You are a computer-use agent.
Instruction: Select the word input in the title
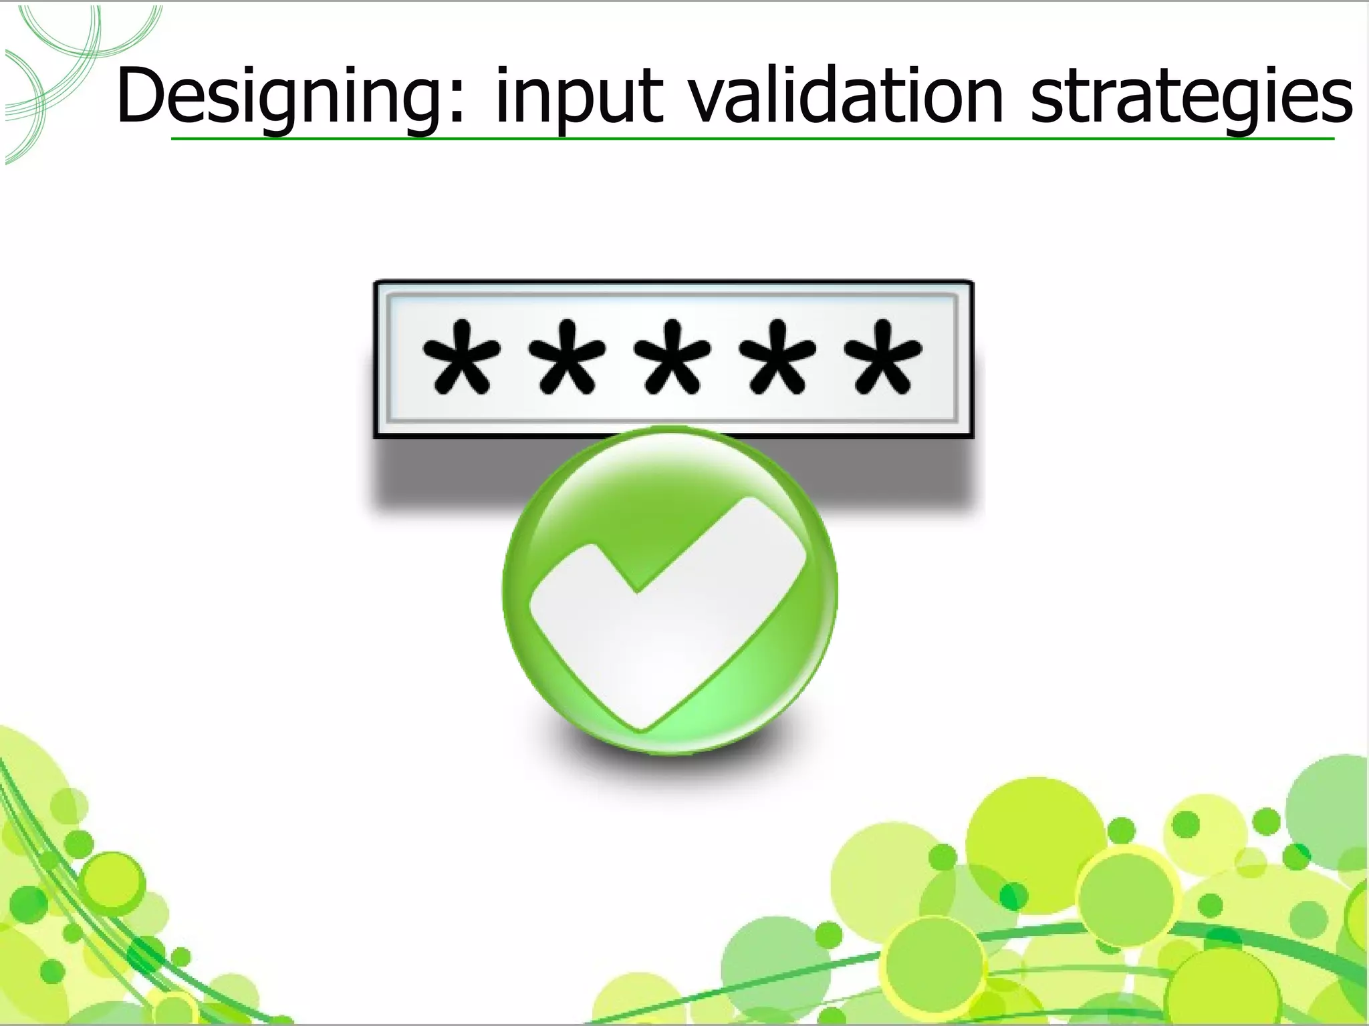point(579,98)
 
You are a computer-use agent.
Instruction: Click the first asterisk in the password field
point(462,357)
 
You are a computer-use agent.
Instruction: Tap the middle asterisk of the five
point(673,357)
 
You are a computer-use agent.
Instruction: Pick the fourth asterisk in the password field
point(779,357)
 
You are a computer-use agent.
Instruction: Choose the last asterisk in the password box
point(884,357)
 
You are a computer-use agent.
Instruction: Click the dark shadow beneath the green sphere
point(668,755)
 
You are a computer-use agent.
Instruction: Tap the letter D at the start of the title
point(140,96)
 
